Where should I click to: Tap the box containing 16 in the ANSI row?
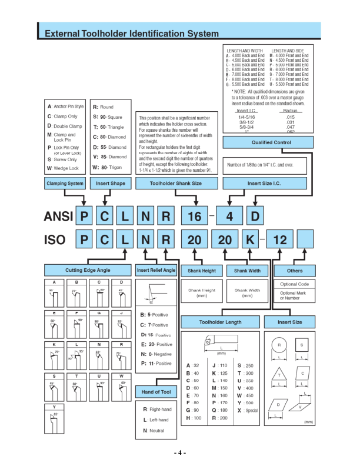pos(194,217)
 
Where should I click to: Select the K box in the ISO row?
pos(249,240)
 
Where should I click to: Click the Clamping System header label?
pos(65,184)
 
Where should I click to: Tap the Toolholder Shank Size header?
pos(176,184)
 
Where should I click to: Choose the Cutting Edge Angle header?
pos(88,270)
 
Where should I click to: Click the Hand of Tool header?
pos(156,391)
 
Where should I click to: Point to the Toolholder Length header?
pos(219,322)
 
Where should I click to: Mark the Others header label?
pos(295,270)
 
